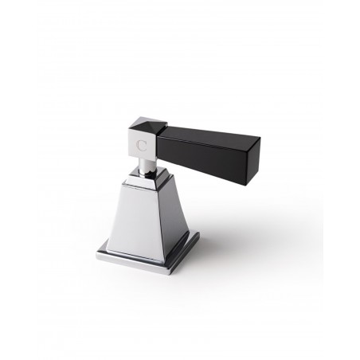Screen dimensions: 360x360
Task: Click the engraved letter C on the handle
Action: [x=142, y=147]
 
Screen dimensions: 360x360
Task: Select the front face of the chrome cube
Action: [x=142, y=147]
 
